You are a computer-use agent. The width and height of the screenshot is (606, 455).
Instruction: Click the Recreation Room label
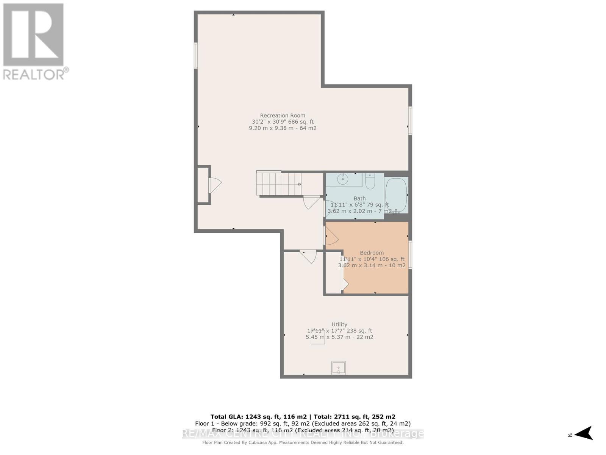click(x=283, y=116)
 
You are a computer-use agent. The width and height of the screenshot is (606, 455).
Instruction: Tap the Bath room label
click(x=359, y=198)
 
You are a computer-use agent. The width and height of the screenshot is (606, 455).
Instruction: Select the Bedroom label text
click(x=372, y=253)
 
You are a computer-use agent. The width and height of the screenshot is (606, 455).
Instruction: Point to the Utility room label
click(x=339, y=325)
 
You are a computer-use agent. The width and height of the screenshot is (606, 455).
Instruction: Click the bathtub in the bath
click(x=396, y=195)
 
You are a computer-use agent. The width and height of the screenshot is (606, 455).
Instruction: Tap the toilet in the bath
click(x=370, y=182)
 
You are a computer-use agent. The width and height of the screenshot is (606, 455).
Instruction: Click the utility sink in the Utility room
click(x=338, y=368)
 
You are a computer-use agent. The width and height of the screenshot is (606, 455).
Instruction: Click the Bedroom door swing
click(x=331, y=236)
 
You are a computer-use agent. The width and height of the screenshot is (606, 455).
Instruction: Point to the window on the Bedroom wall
click(x=410, y=255)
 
